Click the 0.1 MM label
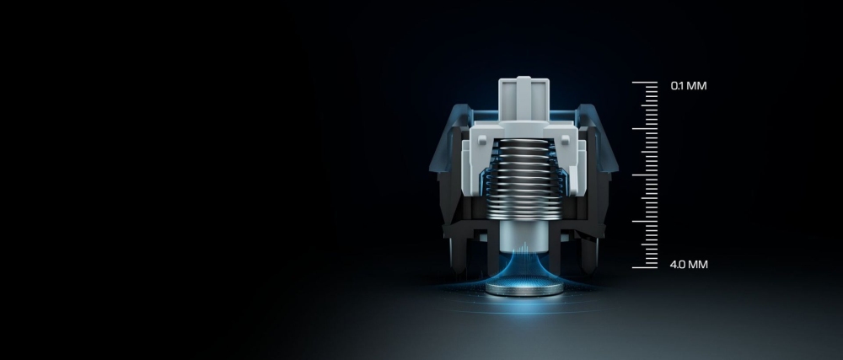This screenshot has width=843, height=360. tap(689, 86)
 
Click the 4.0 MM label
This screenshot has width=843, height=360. tap(689, 265)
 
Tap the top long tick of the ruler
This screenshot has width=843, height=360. tap(645, 83)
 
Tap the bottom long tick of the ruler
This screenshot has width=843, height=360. tap(645, 267)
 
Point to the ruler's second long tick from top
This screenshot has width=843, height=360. tap(645, 129)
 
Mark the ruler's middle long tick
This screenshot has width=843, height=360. tap(645, 175)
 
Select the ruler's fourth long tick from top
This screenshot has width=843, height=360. tap(645, 222)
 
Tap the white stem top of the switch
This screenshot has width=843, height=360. tap(524, 99)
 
